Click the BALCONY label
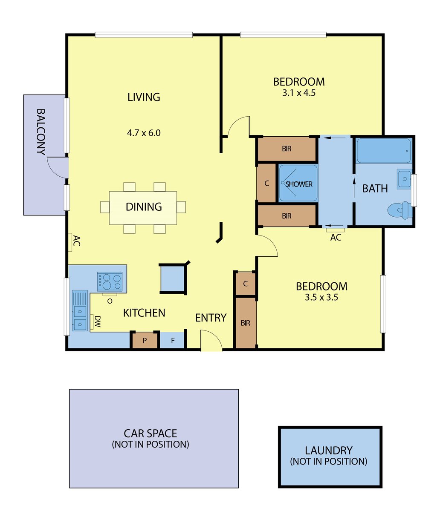[x=41, y=132]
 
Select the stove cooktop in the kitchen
[x=110, y=281]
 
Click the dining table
[x=143, y=208]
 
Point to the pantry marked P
[x=145, y=340]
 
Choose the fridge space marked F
[x=173, y=340]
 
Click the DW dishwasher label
[x=98, y=322]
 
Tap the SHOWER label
[x=299, y=184]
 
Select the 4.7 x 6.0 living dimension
[x=144, y=133]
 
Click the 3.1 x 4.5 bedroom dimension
[x=299, y=93]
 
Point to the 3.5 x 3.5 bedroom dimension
[x=321, y=297]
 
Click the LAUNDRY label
[x=329, y=451]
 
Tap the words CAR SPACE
[x=150, y=433]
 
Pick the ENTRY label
[x=211, y=318]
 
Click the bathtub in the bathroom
[x=384, y=151]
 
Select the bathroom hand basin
[x=404, y=179]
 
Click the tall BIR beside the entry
[x=246, y=323]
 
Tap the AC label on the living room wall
[x=77, y=241]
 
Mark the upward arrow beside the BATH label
[x=354, y=188]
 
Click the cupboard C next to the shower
[x=266, y=183]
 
